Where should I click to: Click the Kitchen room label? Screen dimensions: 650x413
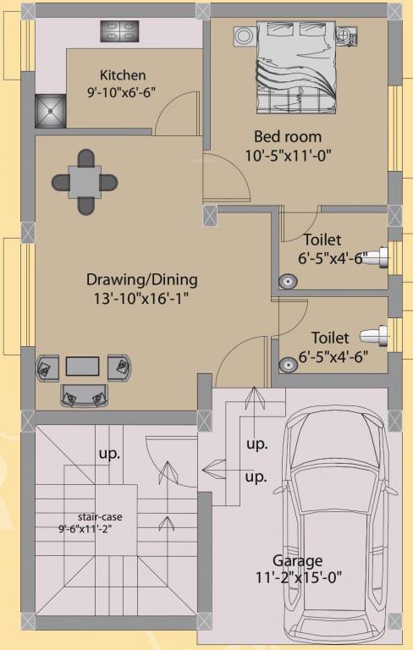[123, 74]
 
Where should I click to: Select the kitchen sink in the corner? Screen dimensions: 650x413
[50, 108]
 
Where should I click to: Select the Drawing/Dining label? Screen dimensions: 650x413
[141, 278]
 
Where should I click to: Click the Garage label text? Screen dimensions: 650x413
[297, 560]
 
